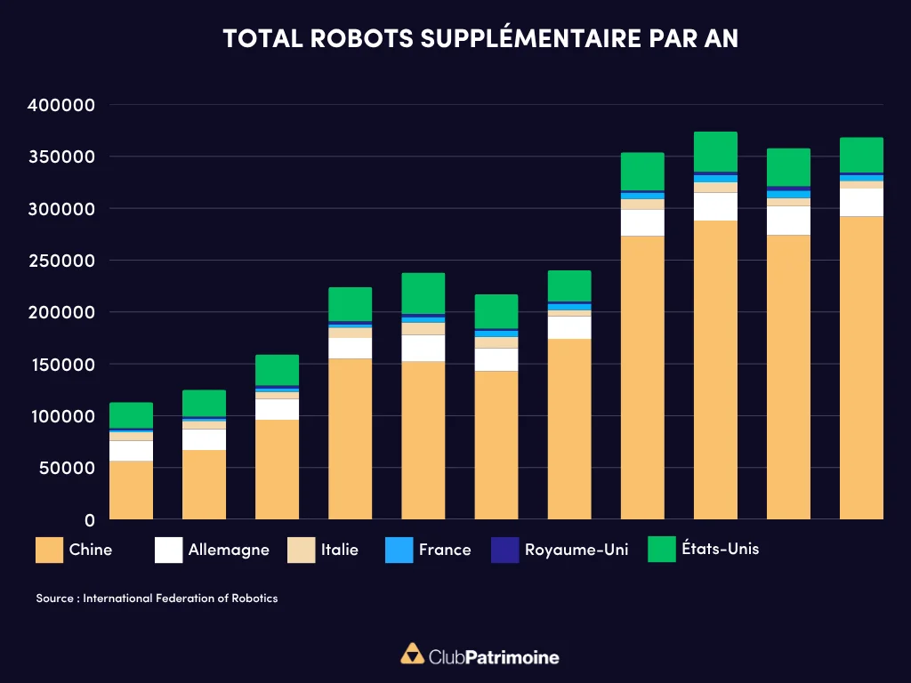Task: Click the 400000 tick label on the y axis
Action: (60, 105)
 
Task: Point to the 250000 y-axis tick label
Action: (60, 261)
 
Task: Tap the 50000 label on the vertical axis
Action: (66, 468)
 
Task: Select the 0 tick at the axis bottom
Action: (89, 519)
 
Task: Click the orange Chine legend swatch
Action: (48, 550)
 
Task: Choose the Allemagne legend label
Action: (229, 550)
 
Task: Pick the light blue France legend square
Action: (399, 550)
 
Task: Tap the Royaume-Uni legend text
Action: (576, 550)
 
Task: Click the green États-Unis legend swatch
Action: (661, 549)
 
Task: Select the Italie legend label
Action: (340, 550)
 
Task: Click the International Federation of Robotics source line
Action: (157, 599)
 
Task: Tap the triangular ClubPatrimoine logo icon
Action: (412, 655)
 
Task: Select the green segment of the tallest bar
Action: (715, 151)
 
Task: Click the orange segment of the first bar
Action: (131, 490)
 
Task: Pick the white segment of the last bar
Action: (861, 202)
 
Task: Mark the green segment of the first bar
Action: (131, 415)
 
